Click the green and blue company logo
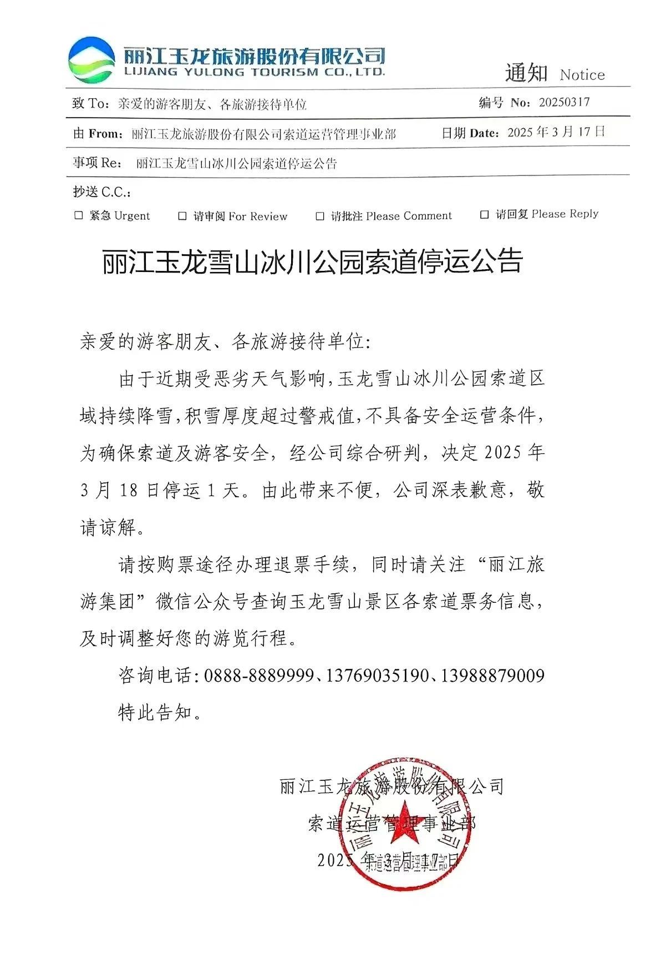(x=91, y=59)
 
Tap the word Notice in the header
(x=582, y=75)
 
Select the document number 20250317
(x=564, y=102)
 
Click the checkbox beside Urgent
(x=79, y=215)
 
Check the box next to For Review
(x=182, y=216)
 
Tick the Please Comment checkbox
(x=320, y=216)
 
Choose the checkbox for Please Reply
(x=485, y=214)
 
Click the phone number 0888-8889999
(x=259, y=675)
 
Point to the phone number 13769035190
(x=377, y=675)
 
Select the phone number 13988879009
(x=492, y=675)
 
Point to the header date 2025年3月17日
(x=556, y=132)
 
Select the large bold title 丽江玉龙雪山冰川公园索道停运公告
(x=312, y=261)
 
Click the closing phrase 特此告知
(x=159, y=712)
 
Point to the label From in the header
(x=104, y=134)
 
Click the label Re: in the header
(x=111, y=163)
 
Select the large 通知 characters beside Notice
(x=526, y=73)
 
